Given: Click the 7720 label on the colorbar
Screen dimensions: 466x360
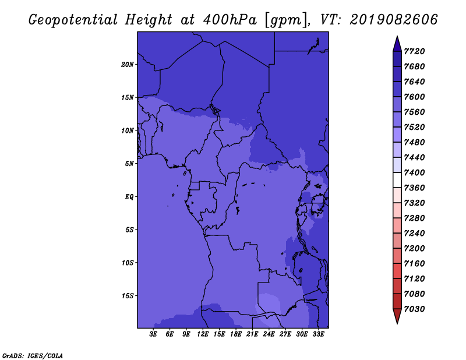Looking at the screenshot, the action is [x=414, y=51].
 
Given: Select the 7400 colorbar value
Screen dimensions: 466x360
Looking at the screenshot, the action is [x=414, y=172].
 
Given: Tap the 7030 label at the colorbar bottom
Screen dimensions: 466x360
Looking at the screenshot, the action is [x=414, y=309].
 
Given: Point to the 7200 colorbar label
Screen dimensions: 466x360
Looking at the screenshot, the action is [x=414, y=249].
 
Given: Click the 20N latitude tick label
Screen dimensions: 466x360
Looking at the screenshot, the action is [x=127, y=65].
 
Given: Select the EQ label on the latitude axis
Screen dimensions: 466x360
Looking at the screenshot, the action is [x=129, y=197].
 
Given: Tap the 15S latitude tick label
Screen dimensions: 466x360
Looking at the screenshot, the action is [x=127, y=296].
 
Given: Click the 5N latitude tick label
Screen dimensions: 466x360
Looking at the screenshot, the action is [x=129, y=164].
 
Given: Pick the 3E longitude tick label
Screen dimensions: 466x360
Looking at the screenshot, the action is [x=153, y=334].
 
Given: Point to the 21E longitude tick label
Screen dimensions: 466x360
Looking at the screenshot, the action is [x=252, y=334].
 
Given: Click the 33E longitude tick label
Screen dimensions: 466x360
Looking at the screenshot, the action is [x=318, y=334].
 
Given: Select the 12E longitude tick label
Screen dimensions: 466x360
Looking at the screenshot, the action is [x=203, y=334].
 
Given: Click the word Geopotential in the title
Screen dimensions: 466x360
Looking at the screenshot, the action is [x=73, y=20].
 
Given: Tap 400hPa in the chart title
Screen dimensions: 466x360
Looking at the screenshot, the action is [x=230, y=20].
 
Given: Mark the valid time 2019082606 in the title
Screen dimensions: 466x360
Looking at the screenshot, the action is [x=394, y=20].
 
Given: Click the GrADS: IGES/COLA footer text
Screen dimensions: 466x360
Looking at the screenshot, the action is [x=33, y=355].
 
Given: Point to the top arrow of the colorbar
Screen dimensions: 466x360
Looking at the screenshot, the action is [x=397, y=44].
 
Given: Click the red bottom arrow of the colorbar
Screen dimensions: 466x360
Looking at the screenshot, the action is [x=397, y=316].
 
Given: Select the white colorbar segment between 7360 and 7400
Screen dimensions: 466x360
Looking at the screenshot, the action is [x=397, y=180].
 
